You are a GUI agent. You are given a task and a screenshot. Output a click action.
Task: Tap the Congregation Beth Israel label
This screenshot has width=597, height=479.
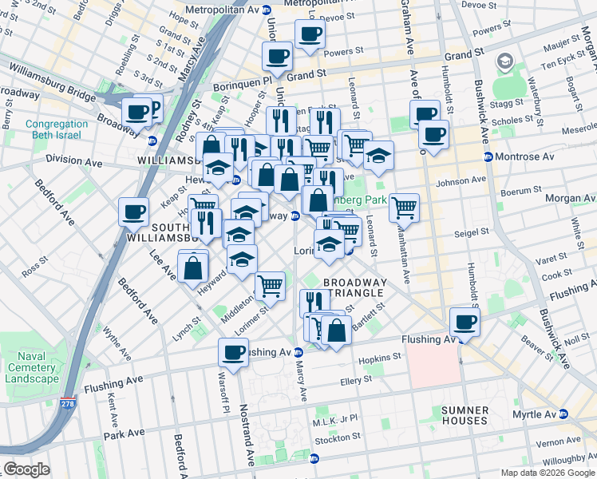[x=56, y=129]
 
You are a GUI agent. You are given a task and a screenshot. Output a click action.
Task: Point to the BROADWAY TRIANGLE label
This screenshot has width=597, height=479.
[x=354, y=287]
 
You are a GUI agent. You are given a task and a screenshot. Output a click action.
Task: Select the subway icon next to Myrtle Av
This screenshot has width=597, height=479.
[x=563, y=414]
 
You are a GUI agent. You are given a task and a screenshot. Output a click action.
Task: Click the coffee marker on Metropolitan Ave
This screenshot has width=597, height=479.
[x=309, y=35]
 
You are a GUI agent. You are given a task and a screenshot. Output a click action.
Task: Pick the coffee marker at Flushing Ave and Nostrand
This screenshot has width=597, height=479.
[x=234, y=353]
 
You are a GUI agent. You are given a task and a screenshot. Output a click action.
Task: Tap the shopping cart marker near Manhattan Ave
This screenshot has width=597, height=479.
[x=405, y=208]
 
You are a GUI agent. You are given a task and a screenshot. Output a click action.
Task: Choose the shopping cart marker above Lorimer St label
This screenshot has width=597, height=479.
[x=270, y=285]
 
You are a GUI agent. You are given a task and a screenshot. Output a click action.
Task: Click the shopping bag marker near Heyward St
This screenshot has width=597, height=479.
[x=193, y=267]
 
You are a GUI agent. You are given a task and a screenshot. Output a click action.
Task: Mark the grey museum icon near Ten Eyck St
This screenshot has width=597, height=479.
[x=504, y=61]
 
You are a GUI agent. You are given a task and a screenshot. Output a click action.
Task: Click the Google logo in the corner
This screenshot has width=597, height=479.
[x=27, y=469]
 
